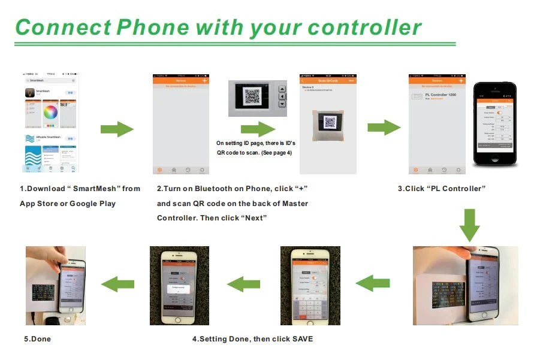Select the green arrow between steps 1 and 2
[116, 129]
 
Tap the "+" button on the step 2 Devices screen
[204, 80]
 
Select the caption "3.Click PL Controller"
[441, 189]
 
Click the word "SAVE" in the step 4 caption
[302, 339]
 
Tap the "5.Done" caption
[37, 339]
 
